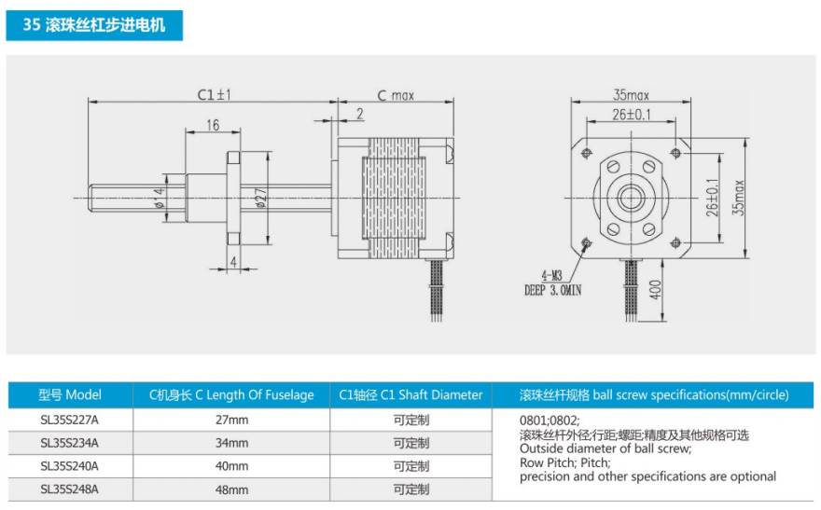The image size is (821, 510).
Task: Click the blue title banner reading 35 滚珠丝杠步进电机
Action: coord(94,25)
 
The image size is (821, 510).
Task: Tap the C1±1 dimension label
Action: coord(214,95)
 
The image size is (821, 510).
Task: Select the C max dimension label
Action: coord(396,95)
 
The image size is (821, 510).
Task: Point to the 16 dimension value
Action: coord(213,125)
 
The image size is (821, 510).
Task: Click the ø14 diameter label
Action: coord(160,198)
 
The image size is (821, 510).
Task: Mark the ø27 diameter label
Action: coord(261,198)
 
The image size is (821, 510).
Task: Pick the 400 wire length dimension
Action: coord(655,290)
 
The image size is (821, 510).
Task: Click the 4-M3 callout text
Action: coord(551,276)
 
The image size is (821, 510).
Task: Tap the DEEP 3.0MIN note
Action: coord(553,290)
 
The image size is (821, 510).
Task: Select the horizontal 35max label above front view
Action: coord(631,95)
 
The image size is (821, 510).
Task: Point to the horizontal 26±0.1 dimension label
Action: coord(632,114)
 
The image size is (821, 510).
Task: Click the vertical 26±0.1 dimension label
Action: coord(712,198)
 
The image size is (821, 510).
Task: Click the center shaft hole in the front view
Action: coord(631,198)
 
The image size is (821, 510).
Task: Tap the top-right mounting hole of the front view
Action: coord(676,153)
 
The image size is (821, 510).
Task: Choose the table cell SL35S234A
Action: coord(70,443)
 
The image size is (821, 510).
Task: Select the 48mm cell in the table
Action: coord(232,489)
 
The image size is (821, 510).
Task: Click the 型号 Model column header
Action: coord(70,394)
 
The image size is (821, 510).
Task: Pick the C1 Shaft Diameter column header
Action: coord(410,394)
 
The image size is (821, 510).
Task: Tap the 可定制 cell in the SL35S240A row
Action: coord(411,466)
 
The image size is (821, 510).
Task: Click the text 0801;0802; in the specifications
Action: coord(550,420)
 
